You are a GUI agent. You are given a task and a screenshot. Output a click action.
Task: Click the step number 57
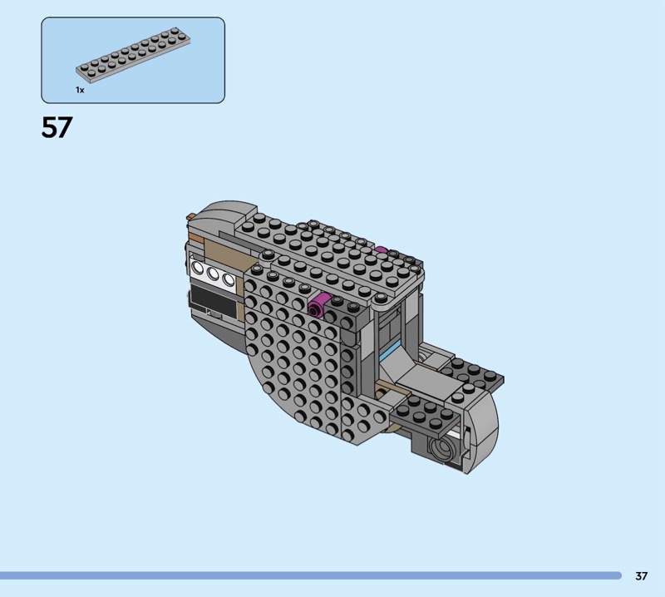(x=57, y=127)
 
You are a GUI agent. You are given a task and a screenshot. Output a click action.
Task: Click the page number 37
(x=641, y=575)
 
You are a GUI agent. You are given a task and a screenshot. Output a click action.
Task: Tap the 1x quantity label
(x=80, y=90)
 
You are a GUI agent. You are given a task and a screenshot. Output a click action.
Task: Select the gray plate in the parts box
(x=133, y=54)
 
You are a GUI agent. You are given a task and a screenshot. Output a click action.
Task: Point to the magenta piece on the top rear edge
(x=381, y=250)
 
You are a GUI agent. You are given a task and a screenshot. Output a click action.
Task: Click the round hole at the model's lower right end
(x=441, y=448)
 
